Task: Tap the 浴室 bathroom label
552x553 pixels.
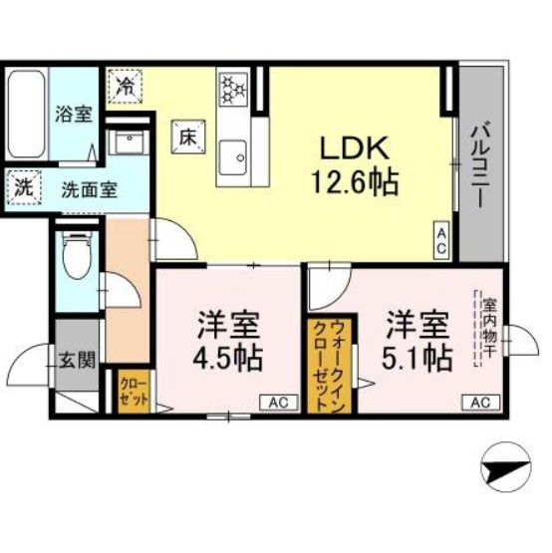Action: point(73,114)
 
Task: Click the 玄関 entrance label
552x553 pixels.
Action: point(76,359)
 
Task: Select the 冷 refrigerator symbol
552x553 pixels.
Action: point(127,85)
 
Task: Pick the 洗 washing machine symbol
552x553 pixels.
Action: point(22,185)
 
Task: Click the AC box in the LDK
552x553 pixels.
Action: point(439,238)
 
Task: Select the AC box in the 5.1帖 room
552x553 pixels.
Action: point(479,403)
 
